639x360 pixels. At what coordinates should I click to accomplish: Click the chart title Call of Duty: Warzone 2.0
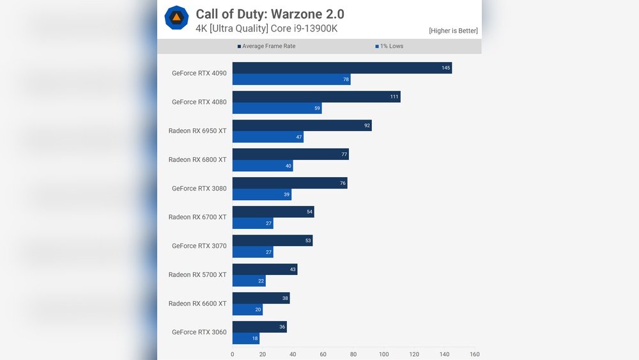270,14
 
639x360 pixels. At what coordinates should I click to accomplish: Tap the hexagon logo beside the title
176,17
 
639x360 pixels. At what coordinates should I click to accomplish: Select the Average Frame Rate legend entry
266,46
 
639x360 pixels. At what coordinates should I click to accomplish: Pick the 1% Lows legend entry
389,46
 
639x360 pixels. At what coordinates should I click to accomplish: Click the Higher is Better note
453,31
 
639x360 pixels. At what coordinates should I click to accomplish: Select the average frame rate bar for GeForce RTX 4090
342,68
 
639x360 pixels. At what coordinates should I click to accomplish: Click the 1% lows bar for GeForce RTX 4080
277,109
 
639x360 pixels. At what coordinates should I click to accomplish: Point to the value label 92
367,126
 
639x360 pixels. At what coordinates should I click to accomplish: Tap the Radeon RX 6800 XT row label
197,160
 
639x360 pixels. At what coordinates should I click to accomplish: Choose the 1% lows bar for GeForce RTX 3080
261,194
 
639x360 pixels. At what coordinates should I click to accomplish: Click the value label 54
310,212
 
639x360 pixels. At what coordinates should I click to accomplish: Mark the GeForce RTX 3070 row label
199,246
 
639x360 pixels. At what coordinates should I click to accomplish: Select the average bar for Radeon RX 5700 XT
265,269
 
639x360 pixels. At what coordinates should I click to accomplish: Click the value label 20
258,310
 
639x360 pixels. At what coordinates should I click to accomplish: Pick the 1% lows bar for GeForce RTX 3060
245,339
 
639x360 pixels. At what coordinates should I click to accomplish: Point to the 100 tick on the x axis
384,354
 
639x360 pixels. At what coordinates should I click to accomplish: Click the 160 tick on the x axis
474,354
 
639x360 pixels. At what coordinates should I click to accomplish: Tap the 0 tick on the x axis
232,354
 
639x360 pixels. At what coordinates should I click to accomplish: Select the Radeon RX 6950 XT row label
197,131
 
